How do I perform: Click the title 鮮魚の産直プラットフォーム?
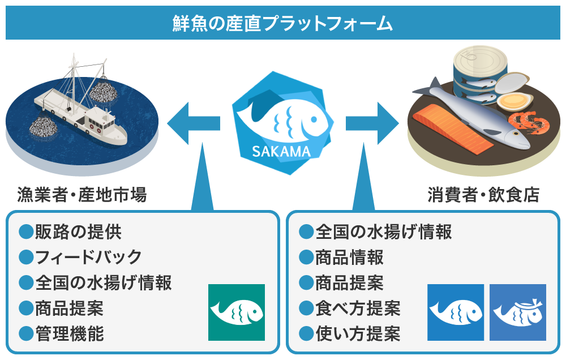click(x=282, y=23)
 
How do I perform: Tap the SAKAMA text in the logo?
click(x=282, y=152)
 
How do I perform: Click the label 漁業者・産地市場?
click(x=82, y=195)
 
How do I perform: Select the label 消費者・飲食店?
click(x=483, y=195)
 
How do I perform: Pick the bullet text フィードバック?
click(x=88, y=257)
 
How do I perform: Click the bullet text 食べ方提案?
click(x=358, y=308)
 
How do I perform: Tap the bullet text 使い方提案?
click(x=358, y=333)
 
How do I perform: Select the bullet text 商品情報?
click(x=349, y=257)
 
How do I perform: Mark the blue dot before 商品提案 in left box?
click(x=26, y=308)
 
